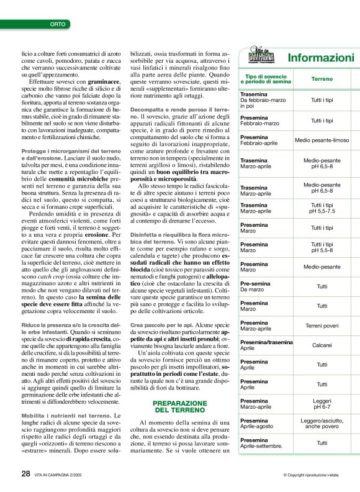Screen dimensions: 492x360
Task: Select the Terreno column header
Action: [x=322, y=79]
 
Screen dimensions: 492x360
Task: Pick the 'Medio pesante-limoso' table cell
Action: [x=322, y=140]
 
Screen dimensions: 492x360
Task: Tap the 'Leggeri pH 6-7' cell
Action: [x=322, y=404]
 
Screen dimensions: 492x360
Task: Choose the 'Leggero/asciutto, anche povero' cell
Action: [x=322, y=424]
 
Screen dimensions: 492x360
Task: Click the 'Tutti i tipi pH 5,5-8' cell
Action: [x=322, y=247]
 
